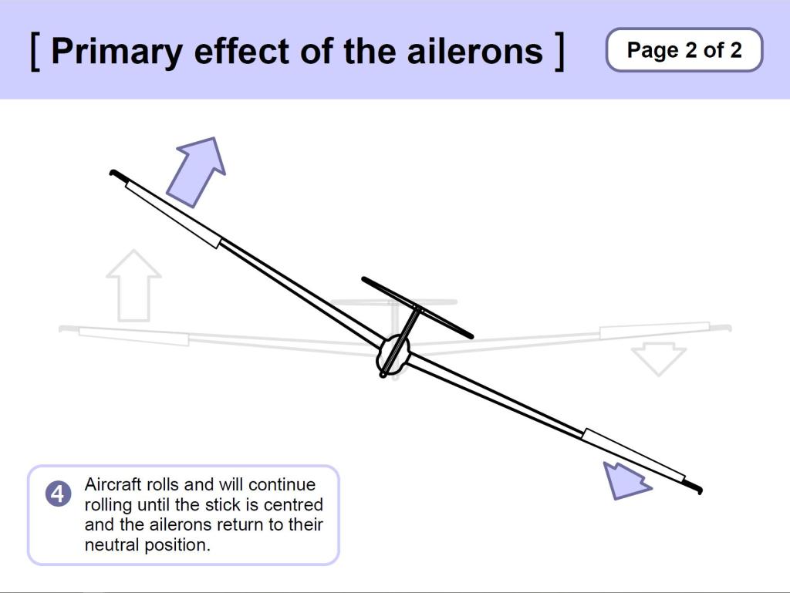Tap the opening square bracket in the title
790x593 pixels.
pos(35,51)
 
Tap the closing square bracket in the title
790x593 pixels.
pos(559,51)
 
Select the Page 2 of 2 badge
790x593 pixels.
pos(684,50)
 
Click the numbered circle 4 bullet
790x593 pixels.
pos(59,494)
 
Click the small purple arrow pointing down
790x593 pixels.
pos(625,480)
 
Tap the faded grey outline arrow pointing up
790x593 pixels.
pos(133,285)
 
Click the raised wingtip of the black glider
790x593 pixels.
pos(116,174)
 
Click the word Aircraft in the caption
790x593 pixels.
pos(110,485)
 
